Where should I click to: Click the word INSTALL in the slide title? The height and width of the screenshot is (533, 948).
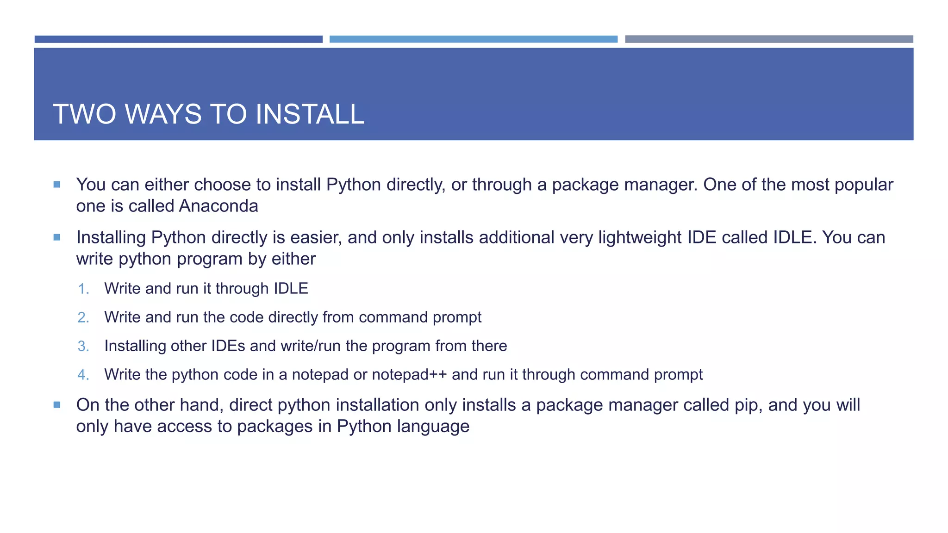pyautogui.click(x=310, y=114)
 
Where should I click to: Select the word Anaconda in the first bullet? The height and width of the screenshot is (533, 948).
pyautogui.click(x=218, y=206)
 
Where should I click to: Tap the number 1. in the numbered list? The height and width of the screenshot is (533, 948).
pyautogui.click(x=83, y=289)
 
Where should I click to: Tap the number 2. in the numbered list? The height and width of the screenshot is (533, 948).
pyautogui.click(x=83, y=317)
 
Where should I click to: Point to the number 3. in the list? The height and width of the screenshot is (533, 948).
pyautogui.click(x=83, y=346)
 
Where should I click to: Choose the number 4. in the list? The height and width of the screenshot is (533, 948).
pyautogui.click(x=83, y=375)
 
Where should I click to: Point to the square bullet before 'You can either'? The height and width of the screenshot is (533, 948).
pyautogui.click(x=57, y=185)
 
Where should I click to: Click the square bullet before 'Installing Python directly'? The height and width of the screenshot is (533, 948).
pyautogui.click(x=57, y=237)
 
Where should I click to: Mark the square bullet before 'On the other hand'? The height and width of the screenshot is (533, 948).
pyautogui.click(x=57, y=405)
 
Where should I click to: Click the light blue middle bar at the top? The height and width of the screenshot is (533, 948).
pyautogui.click(x=473, y=39)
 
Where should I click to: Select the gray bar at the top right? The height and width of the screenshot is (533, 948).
pyautogui.click(x=769, y=39)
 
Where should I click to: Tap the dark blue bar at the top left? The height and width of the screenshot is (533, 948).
pyautogui.click(x=178, y=39)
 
